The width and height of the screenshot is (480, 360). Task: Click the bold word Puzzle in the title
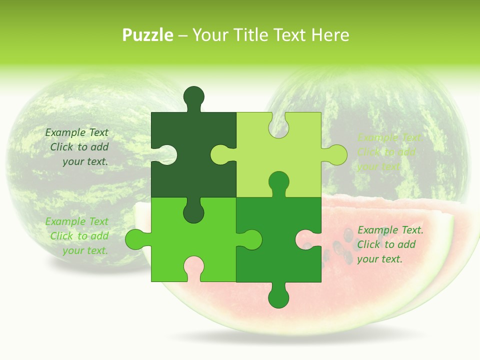pos(148,35)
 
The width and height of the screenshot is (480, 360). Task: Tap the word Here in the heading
pos(330,35)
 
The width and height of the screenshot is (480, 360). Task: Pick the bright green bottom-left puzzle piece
pos(165,240)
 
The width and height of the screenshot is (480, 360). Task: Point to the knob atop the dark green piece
pos(193,96)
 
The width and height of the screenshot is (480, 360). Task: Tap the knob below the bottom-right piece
pos(278,297)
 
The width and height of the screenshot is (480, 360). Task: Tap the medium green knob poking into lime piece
pos(278,181)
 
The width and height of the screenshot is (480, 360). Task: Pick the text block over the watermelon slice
pos(390,244)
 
